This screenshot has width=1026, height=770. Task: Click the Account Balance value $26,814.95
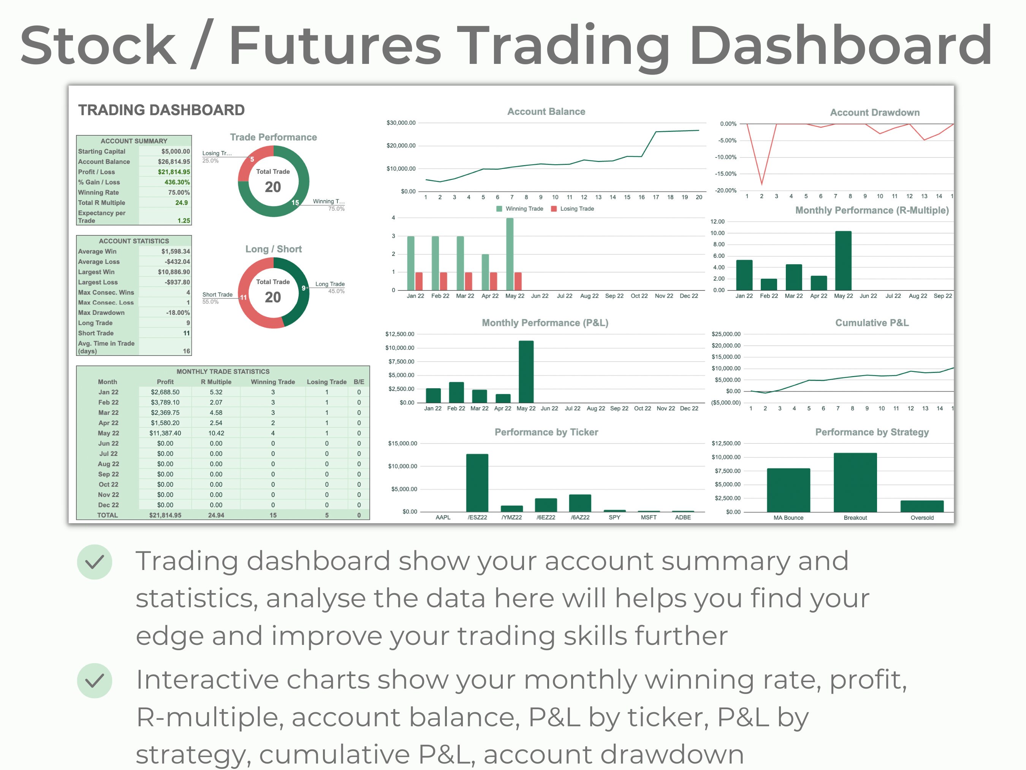pyautogui.click(x=174, y=162)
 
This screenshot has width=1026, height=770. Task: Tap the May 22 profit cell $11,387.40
pyautogui.click(x=165, y=433)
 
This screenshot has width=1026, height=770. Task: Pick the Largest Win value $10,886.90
pyautogui.click(x=174, y=272)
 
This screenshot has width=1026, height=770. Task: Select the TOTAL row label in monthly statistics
pyautogui.click(x=107, y=515)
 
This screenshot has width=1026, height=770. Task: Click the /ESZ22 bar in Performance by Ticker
pyautogui.click(x=477, y=483)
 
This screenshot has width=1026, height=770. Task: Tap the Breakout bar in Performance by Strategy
pyautogui.click(x=855, y=483)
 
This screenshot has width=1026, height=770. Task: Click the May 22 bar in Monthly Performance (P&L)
pyautogui.click(x=526, y=371)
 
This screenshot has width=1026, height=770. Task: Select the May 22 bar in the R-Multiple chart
pyautogui.click(x=843, y=261)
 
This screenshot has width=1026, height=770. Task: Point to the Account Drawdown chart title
pyautogui.click(x=874, y=112)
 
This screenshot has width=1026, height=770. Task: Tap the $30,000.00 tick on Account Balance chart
pyautogui.click(x=401, y=123)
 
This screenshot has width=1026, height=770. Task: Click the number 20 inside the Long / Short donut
pyautogui.click(x=273, y=297)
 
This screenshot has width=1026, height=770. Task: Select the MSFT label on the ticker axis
pyautogui.click(x=648, y=518)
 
